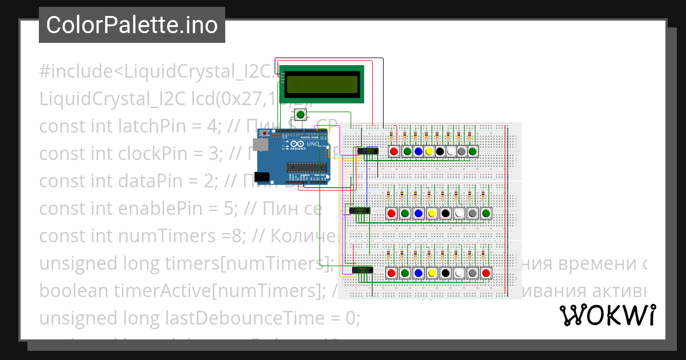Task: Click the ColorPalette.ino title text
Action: coord(131,25)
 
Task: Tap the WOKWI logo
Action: coord(607,315)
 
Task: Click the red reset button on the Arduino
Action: coord(266,133)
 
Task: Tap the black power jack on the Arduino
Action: coord(263,177)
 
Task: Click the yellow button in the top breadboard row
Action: coord(429,151)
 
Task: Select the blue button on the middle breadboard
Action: coord(418,214)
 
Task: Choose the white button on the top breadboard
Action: coord(451,151)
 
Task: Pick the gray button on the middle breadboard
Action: coord(473,214)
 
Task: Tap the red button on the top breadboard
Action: coord(394,151)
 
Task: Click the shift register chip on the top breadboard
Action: coord(367,150)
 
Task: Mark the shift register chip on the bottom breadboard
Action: coord(361,270)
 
